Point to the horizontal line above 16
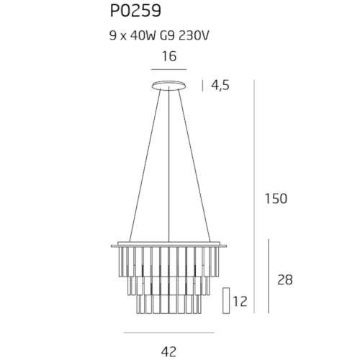[x=169, y=69]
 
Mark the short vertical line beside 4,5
[x=204, y=85]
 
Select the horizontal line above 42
[x=168, y=333]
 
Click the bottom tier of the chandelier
[x=169, y=303]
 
